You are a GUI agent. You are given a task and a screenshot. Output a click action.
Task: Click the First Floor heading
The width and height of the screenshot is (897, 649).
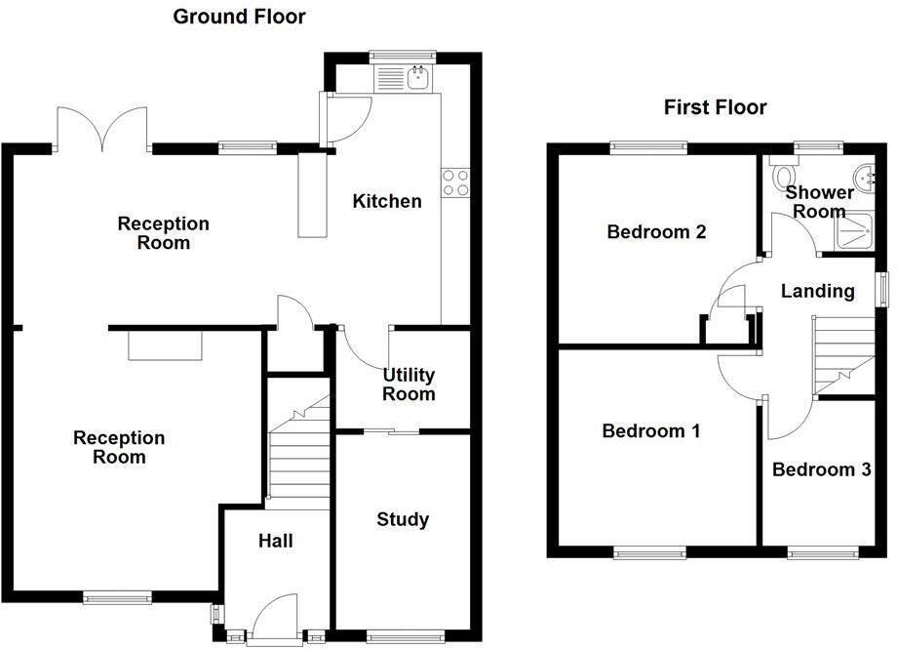click(x=715, y=107)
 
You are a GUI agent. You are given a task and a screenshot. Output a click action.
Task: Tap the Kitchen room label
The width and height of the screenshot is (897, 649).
click(x=387, y=201)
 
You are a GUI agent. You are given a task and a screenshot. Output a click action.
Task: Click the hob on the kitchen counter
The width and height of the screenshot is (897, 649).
click(x=454, y=183)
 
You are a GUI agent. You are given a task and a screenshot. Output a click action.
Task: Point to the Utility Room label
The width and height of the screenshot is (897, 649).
click(x=409, y=385)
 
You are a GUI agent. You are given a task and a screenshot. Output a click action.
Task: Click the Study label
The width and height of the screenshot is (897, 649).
click(x=403, y=519)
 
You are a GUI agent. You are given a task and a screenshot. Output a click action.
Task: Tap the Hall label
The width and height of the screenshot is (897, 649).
click(x=276, y=541)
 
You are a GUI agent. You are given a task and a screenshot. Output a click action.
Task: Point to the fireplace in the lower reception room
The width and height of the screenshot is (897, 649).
click(x=165, y=345)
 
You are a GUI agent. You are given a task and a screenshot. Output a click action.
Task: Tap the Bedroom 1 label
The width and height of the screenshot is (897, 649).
click(x=650, y=430)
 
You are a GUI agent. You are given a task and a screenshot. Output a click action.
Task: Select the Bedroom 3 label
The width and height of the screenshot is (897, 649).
click(x=821, y=469)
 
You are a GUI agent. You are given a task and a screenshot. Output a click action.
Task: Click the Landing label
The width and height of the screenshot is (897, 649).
click(x=818, y=290)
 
